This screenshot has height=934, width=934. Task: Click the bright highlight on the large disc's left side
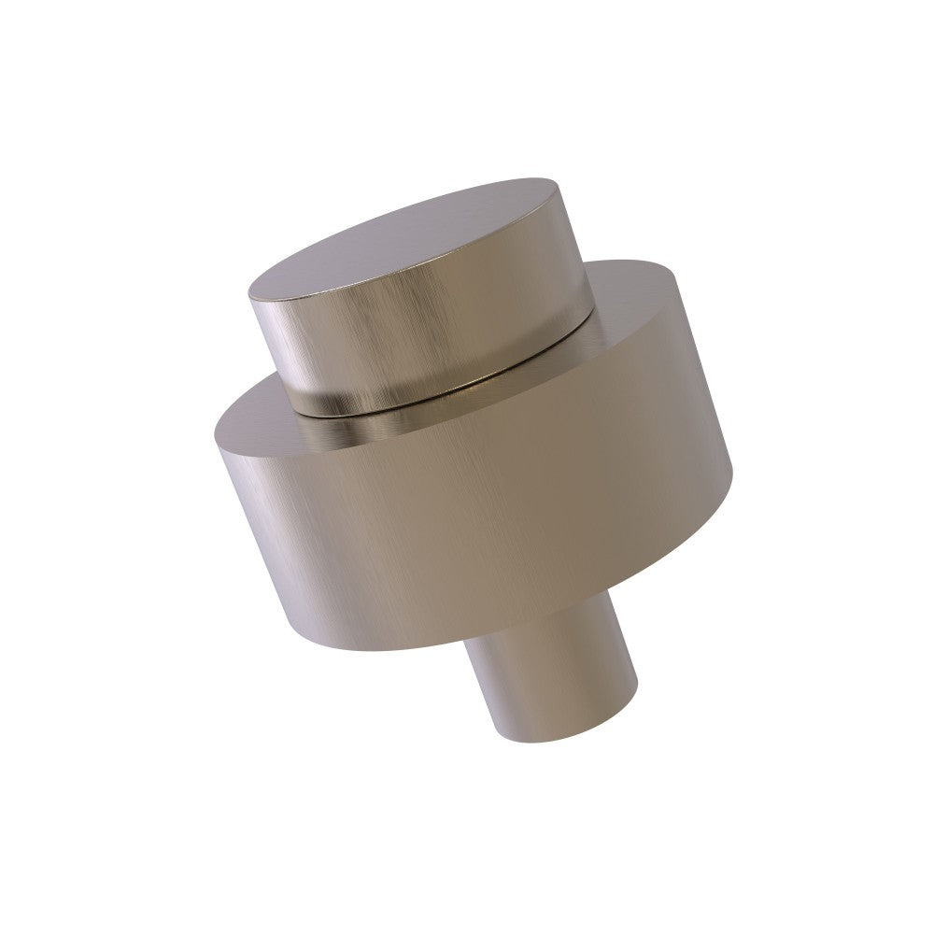(271, 523)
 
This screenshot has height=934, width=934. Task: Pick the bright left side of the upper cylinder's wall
(280, 346)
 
